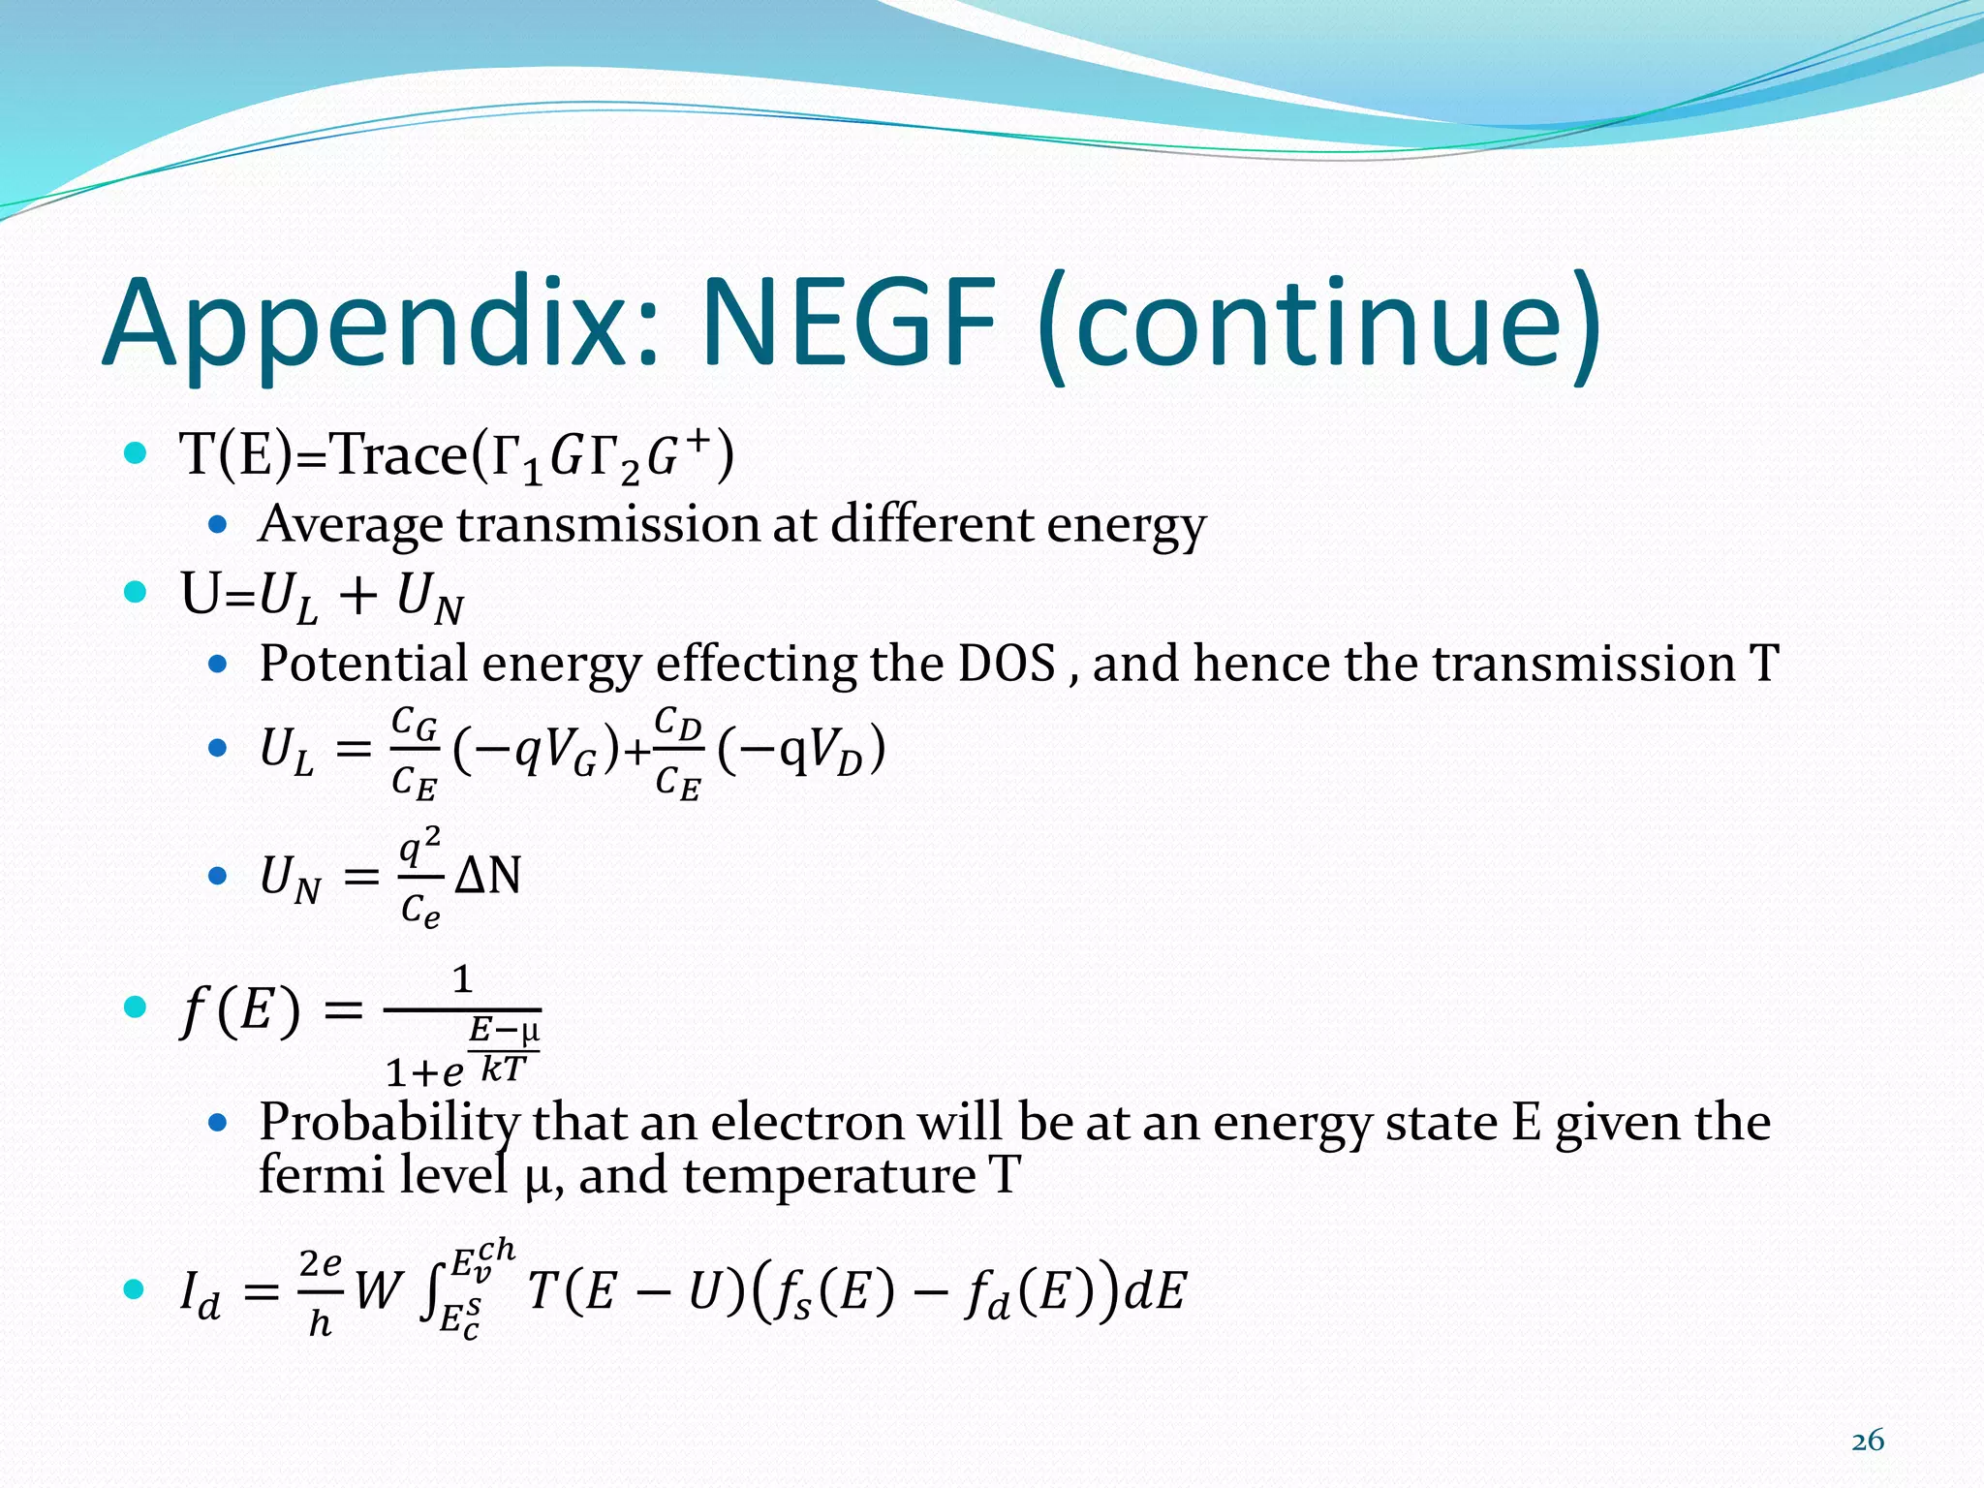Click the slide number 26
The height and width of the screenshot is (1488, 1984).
(x=1867, y=1441)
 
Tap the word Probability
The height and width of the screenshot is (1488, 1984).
(x=389, y=1124)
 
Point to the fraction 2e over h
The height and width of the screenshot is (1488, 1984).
(x=320, y=1292)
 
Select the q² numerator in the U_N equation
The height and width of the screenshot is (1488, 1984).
(x=420, y=847)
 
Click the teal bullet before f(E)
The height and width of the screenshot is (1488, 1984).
(x=136, y=1007)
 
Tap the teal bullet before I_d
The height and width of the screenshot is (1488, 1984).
(x=136, y=1289)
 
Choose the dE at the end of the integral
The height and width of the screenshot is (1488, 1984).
(x=1154, y=1291)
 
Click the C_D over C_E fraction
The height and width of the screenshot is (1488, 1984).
(x=677, y=754)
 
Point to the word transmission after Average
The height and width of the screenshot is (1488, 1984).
(x=608, y=525)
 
